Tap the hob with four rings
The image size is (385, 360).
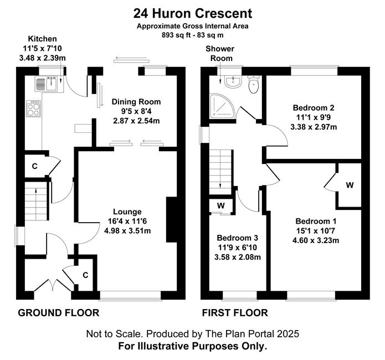[34, 109]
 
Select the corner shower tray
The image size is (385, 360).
[223, 105]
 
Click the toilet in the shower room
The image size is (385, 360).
[253, 84]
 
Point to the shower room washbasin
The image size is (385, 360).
[233, 81]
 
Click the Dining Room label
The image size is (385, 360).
[136, 102]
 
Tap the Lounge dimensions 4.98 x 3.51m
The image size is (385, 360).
[127, 231]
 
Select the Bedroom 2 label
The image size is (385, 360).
[314, 107]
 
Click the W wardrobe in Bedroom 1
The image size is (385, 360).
[350, 185]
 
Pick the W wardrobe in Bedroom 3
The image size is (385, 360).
[220, 205]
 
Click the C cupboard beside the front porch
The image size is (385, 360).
[85, 275]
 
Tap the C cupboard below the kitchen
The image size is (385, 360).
[34, 166]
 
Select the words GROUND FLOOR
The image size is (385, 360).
[59, 313]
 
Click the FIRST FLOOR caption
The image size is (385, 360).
[235, 313]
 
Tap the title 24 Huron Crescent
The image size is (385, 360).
[193, 13]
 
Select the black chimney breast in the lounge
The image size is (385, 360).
[172, 219]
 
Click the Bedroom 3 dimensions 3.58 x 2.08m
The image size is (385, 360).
[238, 257]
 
